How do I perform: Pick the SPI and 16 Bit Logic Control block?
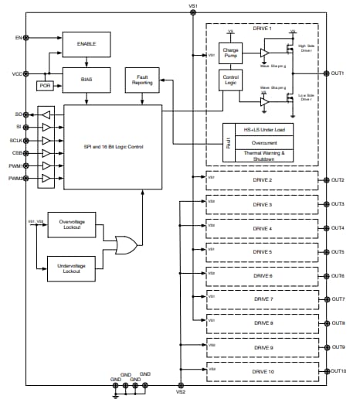click(113, 147)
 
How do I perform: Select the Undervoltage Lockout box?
click(70, 269)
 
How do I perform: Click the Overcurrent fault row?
click(270, 142)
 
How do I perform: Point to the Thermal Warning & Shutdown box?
click(270, 156)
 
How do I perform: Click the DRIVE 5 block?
click(263, 252)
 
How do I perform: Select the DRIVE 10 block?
click(263, 371)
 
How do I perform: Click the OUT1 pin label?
click(338, 73)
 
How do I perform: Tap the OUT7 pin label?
click(338, 299)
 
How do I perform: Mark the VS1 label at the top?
click(193, 6)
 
